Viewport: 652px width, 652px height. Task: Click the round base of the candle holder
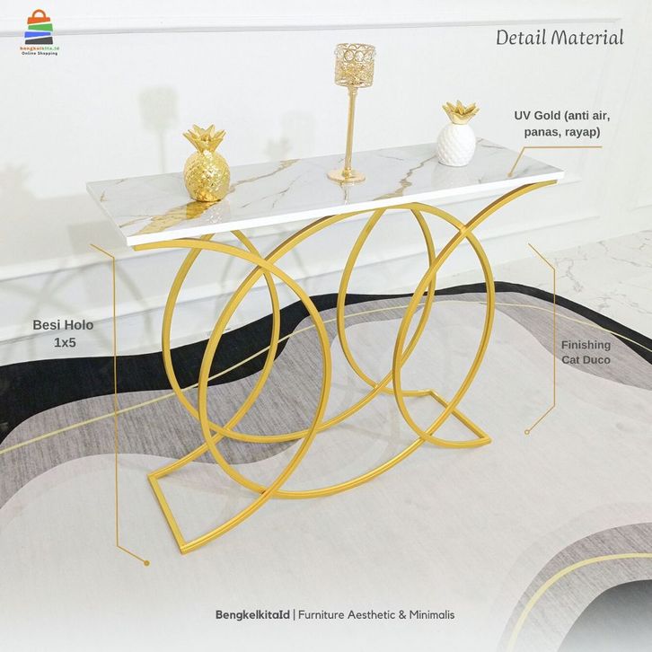pos(346,175)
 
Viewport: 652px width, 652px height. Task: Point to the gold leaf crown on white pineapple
pos(460,113)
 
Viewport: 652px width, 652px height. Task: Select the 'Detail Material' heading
pos(559,38)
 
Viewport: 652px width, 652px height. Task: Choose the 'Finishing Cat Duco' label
pos(586,352)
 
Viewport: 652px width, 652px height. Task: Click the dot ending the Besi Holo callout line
pos(146,563)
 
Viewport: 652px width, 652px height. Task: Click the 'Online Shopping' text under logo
pos(40,54)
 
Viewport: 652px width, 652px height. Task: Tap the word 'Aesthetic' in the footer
pos(356,615)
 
